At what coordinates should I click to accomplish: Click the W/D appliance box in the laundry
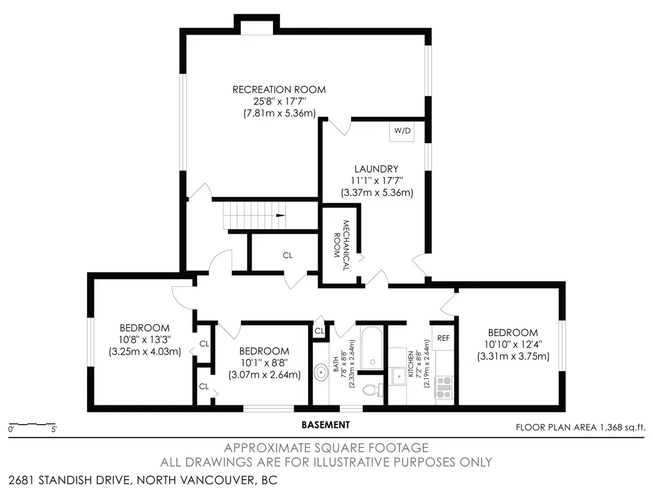point(401,131)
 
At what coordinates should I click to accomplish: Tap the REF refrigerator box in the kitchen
point(443,338)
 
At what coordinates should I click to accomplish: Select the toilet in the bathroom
point(373,390)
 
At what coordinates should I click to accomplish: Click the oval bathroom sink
point(321,372)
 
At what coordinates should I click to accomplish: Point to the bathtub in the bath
point(371,348)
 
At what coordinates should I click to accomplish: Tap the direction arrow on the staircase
point(281,215)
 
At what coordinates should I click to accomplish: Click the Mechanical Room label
point(341,245)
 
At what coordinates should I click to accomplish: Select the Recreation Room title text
point(279,89)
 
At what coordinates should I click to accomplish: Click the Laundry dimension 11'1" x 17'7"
point(376,181)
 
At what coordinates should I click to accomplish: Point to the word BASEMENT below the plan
point(326,425)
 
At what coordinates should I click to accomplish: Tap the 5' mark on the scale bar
point(54,429)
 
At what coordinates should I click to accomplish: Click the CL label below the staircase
point(287,255)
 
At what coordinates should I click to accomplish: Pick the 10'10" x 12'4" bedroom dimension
point(513,344)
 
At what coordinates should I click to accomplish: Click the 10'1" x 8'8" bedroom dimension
point(264,363)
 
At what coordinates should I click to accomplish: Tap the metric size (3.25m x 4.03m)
point(145,351)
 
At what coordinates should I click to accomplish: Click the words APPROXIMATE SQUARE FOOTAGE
point(326,448)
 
